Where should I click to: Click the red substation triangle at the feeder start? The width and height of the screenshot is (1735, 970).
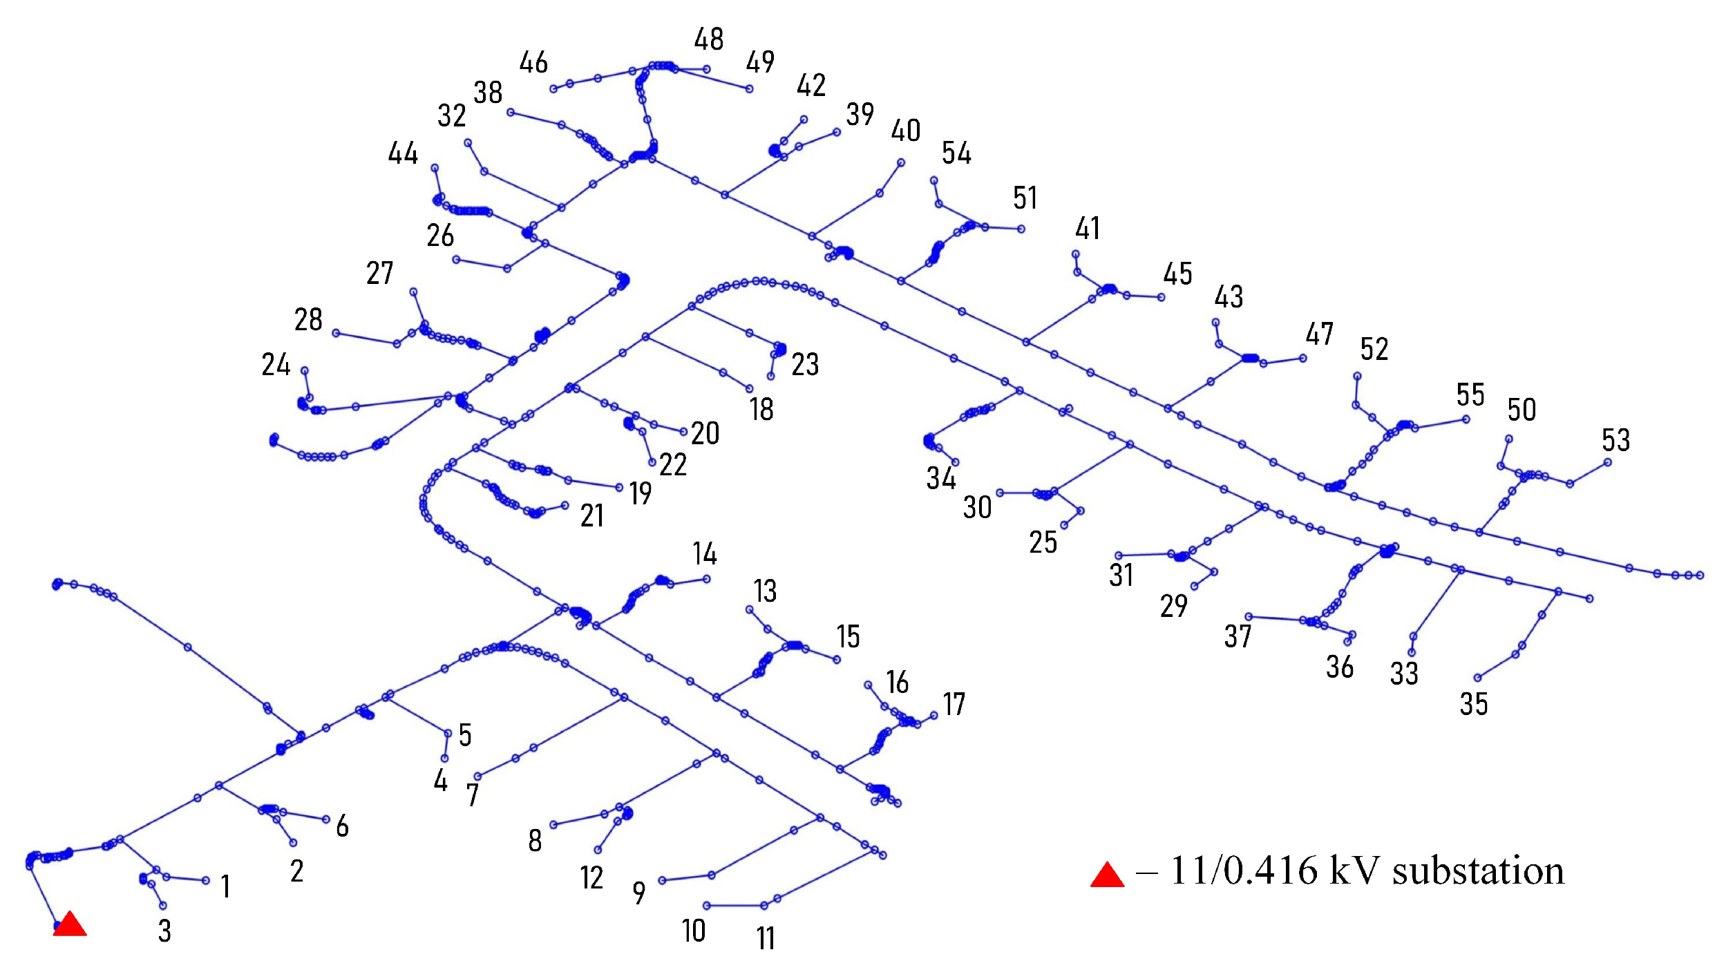70,924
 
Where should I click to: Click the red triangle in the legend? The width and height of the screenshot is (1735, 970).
1107,875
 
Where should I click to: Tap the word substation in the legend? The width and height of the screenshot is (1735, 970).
1478,871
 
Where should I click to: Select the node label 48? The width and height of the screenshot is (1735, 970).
709,39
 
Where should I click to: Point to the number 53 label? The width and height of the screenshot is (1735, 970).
1615,440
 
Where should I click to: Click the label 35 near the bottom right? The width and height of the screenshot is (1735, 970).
1473,704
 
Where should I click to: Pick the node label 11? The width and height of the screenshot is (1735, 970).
765,938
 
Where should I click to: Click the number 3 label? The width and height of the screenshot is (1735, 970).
164,931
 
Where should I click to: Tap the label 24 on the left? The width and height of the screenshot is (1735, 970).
276,365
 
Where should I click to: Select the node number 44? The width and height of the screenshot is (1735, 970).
403,153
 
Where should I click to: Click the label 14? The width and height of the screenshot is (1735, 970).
705,553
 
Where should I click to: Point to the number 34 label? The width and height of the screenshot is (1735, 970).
941,478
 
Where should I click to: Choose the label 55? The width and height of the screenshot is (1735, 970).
1470,395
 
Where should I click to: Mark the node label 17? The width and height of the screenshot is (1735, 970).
954,704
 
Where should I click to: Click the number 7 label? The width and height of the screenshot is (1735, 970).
473,795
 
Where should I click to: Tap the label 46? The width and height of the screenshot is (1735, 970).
533,63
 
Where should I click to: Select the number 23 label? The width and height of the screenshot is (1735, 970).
805,364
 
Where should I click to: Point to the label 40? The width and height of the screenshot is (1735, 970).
906,131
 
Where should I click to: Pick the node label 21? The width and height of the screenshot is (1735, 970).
592,515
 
